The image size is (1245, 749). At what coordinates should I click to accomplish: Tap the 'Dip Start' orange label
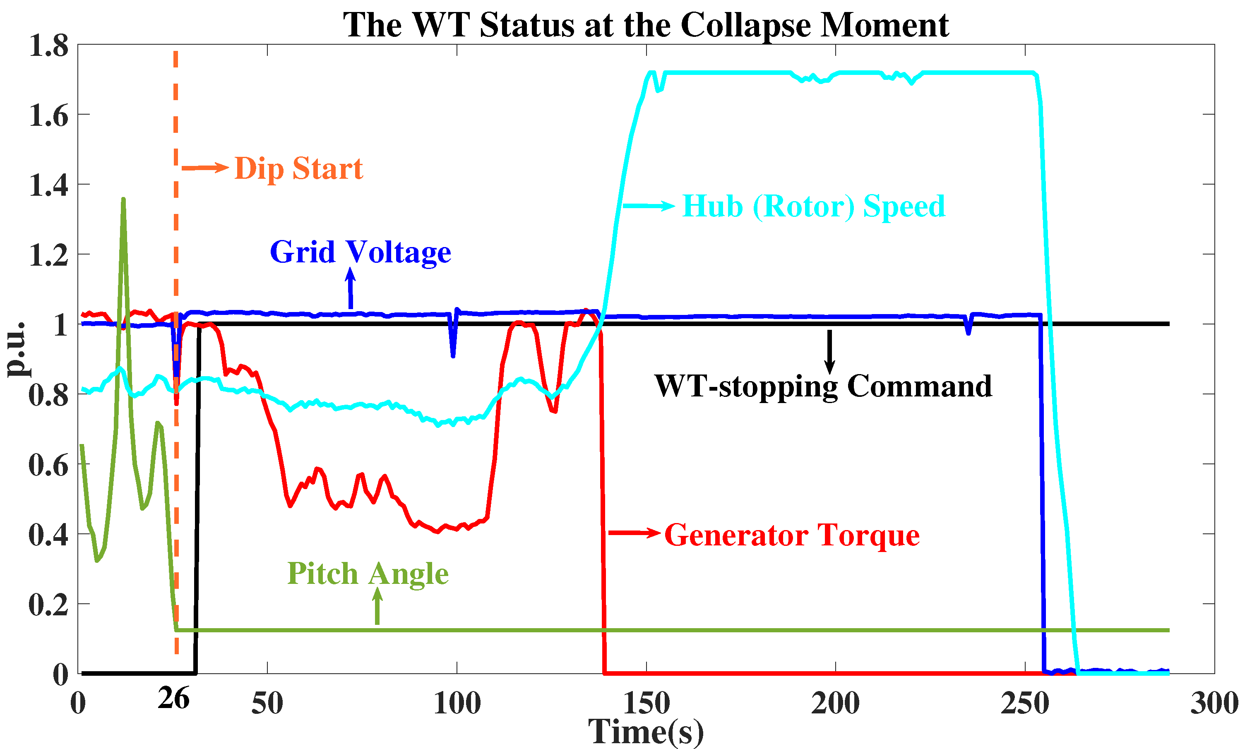point(299,168)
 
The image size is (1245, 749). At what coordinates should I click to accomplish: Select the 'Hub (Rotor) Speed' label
point(813,206)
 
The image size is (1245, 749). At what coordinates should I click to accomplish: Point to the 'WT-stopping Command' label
point(823,386)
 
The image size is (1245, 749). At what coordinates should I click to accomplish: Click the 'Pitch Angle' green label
point(368,574)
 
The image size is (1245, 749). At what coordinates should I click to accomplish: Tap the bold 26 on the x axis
point(173,699)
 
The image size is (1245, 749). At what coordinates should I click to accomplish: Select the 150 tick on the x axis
point(646,703)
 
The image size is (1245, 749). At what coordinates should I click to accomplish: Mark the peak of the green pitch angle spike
point(124,199)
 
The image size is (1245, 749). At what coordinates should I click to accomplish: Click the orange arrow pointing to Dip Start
point(205,168)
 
